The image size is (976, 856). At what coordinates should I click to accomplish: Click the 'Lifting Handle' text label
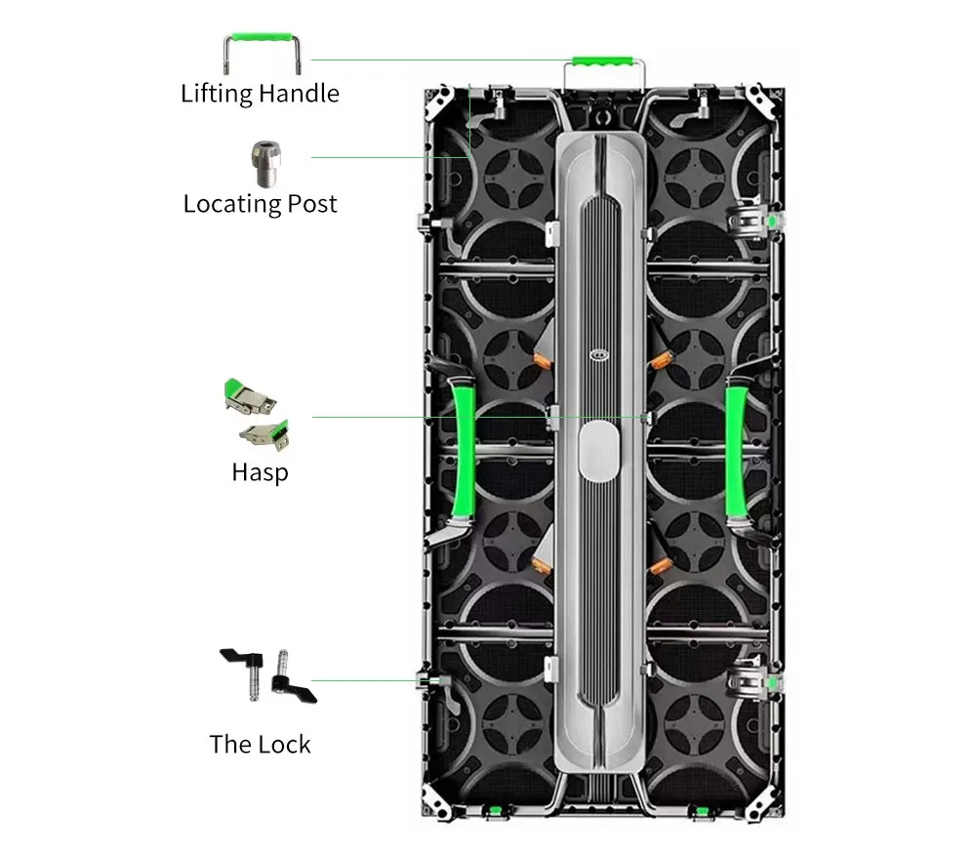[260, 94]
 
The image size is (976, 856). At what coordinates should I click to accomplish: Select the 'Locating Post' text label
[260, 204]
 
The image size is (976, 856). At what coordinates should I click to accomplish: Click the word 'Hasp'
[260, 472]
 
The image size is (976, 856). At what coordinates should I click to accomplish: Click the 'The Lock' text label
[260, 745]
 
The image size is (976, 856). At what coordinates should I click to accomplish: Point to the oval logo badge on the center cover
[598, 355]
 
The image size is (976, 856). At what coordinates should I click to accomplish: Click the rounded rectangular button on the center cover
[598, 453]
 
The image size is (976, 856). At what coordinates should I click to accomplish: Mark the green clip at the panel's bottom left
[494, 810]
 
